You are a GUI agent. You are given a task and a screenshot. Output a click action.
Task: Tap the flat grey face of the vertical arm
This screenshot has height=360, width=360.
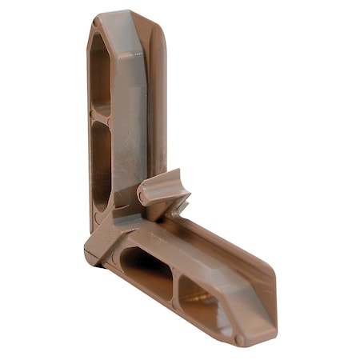click(x=128, y=120)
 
